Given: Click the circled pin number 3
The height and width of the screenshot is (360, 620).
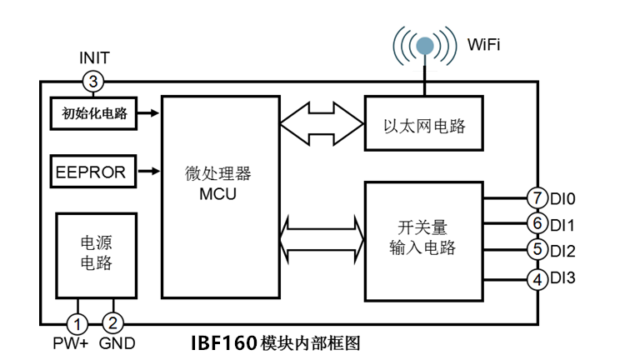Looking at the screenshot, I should (x=93, y=81).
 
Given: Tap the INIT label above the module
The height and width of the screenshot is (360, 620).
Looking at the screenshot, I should (x=93, y=58).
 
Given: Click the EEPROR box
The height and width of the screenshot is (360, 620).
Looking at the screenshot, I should (x=91, y=172).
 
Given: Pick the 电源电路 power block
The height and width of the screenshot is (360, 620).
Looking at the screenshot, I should (x=95, y=252).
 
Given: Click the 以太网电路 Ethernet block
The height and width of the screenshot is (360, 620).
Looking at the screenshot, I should (x=423, y=126).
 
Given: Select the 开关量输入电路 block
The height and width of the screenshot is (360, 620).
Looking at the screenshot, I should (x=423, y=239).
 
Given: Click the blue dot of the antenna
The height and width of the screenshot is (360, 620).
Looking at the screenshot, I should (x=425, y=46).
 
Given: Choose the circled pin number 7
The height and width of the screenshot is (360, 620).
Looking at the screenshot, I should (x=538, y=198).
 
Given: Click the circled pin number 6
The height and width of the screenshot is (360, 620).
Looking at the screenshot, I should (x=538, y=224).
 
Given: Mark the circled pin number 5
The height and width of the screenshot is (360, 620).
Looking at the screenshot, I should (x=538, y=250).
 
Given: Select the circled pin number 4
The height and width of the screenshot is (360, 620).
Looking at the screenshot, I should (x=538, y=277).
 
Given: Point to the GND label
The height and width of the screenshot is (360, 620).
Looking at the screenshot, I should (x=117, y=342).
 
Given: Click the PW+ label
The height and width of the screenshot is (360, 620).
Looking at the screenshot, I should (x=74, y=342).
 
